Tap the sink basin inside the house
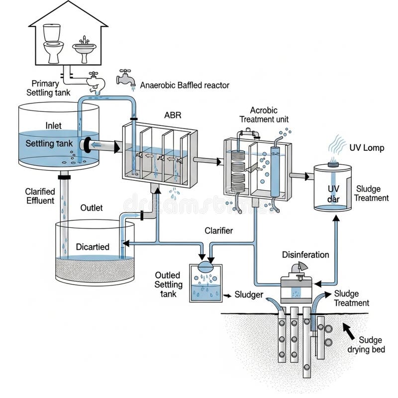pyautogui.click(x=84, y=49)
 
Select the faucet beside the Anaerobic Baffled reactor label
pyautogui.click(x=125, y=79)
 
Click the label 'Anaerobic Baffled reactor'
pyautogui.click(x=185, y=85)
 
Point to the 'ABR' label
pyautogui.click(x=173, y=115)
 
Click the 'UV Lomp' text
pyautogui.click(x=367, y=148)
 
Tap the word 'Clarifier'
pyautogui.click(x=219, y=230)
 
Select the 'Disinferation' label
pyautogui.click(x=305, y=255)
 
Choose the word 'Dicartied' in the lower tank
pyautogui.click(x=93, y=247)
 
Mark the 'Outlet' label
pyautogui.click(x=92, y=207)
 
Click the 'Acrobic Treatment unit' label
pyautogui.click(x=264, y=115)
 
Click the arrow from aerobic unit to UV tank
pyautogui.click(x=299, y=176)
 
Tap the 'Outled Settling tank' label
pyautogui.click(x=169, y=284)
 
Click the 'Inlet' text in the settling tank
pyautogui.click(x=53, y=126)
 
